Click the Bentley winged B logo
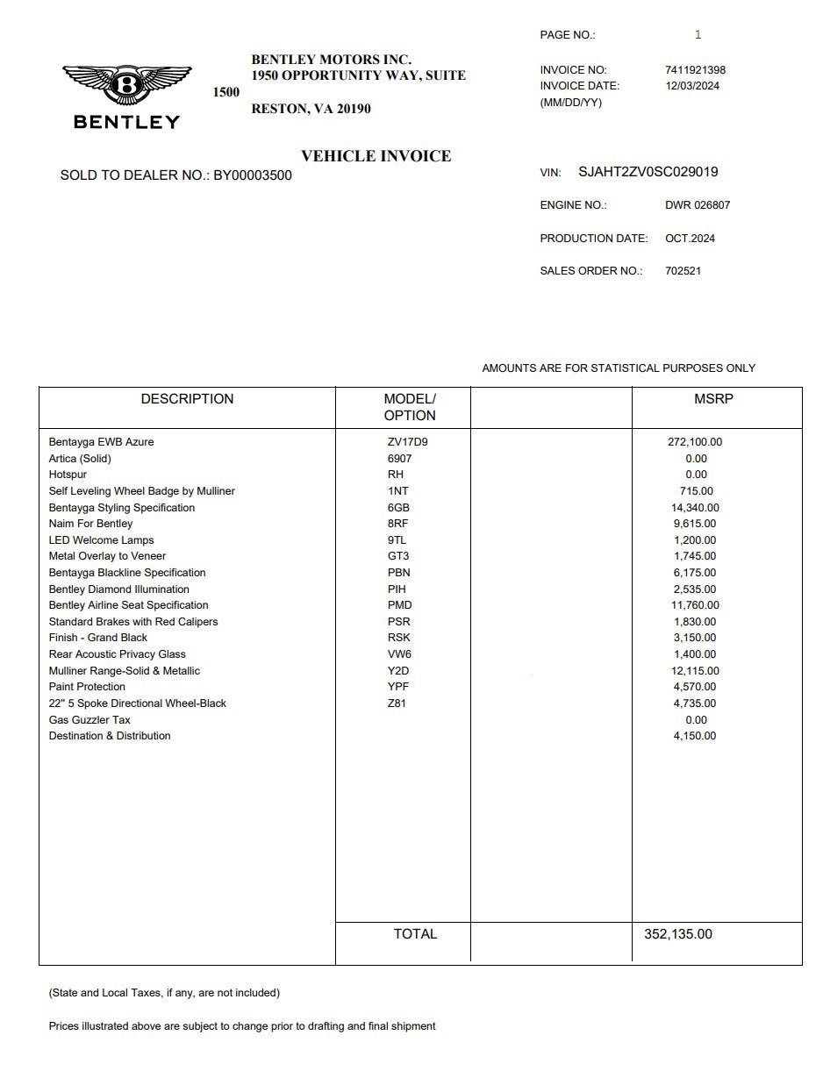(127, 86)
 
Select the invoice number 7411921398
(696, 70)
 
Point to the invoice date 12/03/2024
(692, 86)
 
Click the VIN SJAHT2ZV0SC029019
(648, 172)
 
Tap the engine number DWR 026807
(698, 205)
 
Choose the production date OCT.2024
(690, 239)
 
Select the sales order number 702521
(683, 271)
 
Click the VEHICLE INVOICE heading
(376, 156)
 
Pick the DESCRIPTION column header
(187, 399)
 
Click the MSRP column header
(713, 399)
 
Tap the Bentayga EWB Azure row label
(101, 442)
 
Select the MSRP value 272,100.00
(695, 442)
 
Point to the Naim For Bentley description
(90, 524)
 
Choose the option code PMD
(399, 605)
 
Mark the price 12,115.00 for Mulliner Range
(696, 671)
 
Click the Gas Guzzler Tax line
(89, 720)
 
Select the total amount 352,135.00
(678, 934)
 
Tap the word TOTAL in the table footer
(415, 934)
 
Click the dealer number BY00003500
(253, 175)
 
